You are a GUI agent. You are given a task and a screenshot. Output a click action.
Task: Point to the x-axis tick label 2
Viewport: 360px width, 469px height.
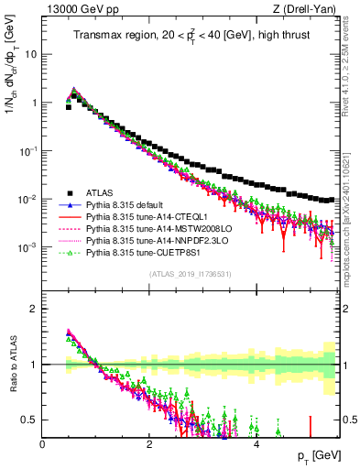click(150, 444)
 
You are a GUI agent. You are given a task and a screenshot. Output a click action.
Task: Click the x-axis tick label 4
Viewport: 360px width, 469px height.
click(256, 444)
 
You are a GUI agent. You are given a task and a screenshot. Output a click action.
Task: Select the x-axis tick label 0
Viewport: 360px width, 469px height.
click(43, 444)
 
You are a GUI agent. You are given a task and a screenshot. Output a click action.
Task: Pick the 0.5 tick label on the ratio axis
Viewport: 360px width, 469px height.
click(27, 420)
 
